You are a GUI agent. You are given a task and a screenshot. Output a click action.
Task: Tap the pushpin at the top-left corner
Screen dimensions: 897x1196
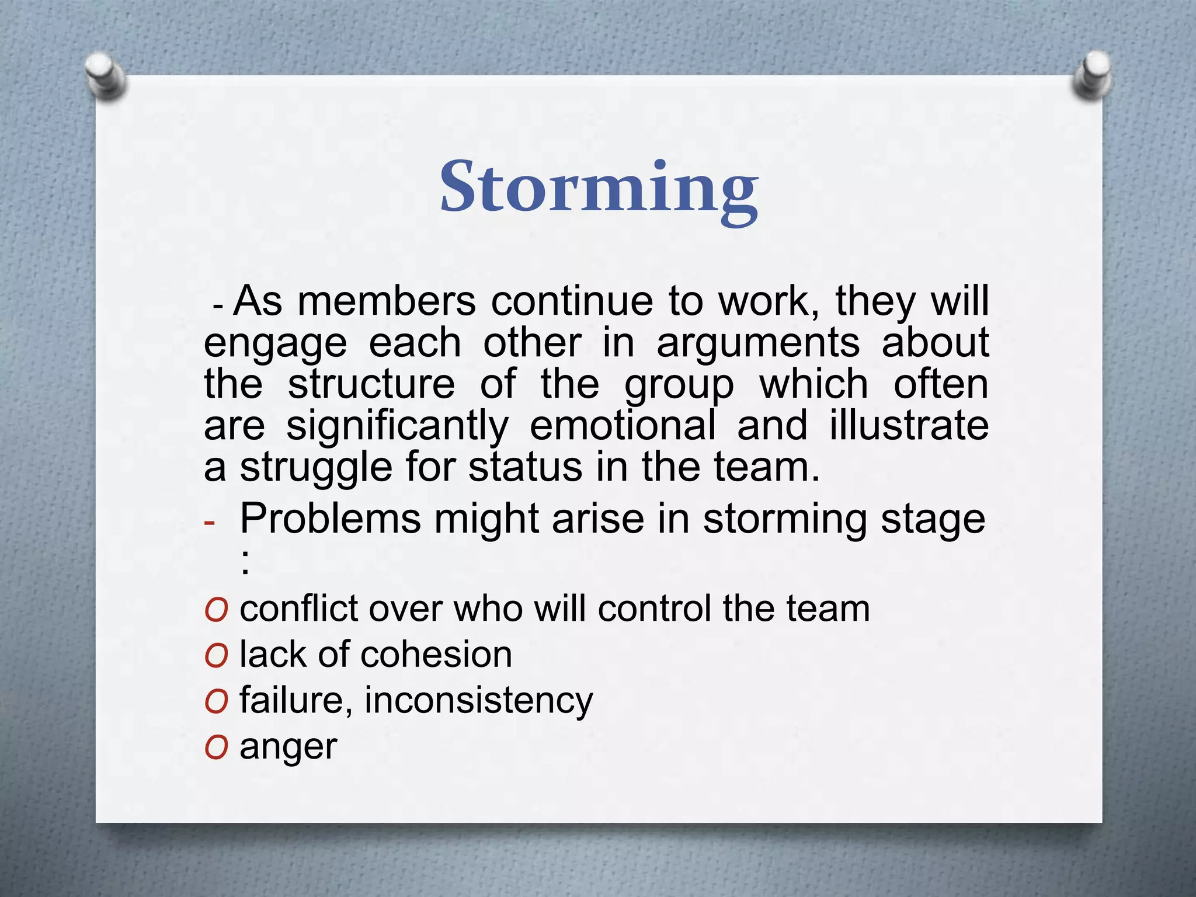(105, 75)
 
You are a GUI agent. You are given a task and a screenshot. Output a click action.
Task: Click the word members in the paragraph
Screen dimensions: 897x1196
(387, 301)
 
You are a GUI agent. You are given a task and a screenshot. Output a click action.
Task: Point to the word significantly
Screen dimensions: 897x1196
(397, 426)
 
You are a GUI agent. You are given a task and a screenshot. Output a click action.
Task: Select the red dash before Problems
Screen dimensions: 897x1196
(210, 521)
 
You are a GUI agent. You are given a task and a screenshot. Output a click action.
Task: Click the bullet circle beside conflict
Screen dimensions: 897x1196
(215, 611)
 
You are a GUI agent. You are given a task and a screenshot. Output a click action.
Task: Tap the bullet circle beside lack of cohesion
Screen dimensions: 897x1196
(215, 656)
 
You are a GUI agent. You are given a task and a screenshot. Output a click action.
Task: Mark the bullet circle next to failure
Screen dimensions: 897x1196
(215, 702)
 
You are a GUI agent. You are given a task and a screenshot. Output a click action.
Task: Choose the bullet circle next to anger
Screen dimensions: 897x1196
(215, 747)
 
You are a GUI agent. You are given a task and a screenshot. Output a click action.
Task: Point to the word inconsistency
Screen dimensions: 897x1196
(478, 701)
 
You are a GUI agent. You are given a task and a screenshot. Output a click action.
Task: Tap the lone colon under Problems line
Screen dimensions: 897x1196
(245, 565)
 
